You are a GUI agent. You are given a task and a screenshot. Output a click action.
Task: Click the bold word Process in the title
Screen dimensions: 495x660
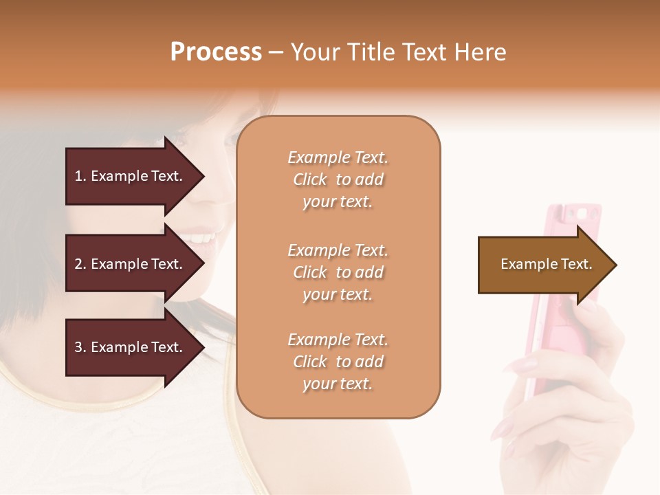tap(216, 52)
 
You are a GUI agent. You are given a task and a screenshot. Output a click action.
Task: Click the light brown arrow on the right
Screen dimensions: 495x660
tap(543, 265)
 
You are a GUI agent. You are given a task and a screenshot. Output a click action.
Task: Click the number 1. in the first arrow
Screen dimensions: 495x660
tap(80, 176)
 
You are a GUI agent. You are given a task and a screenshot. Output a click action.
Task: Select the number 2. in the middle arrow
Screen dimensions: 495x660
tap(80, 264)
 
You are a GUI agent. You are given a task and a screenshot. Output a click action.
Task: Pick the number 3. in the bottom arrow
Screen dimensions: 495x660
tap(80, 347)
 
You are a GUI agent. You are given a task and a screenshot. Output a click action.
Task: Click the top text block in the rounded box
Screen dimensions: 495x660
tap(338, 179)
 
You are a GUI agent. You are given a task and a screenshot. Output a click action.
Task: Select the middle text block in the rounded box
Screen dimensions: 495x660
tap(338, 272)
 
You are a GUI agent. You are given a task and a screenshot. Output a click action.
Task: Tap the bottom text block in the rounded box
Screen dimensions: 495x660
tap(338, 362)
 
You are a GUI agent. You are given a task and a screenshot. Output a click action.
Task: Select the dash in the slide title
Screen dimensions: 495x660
tap(276, 52)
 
